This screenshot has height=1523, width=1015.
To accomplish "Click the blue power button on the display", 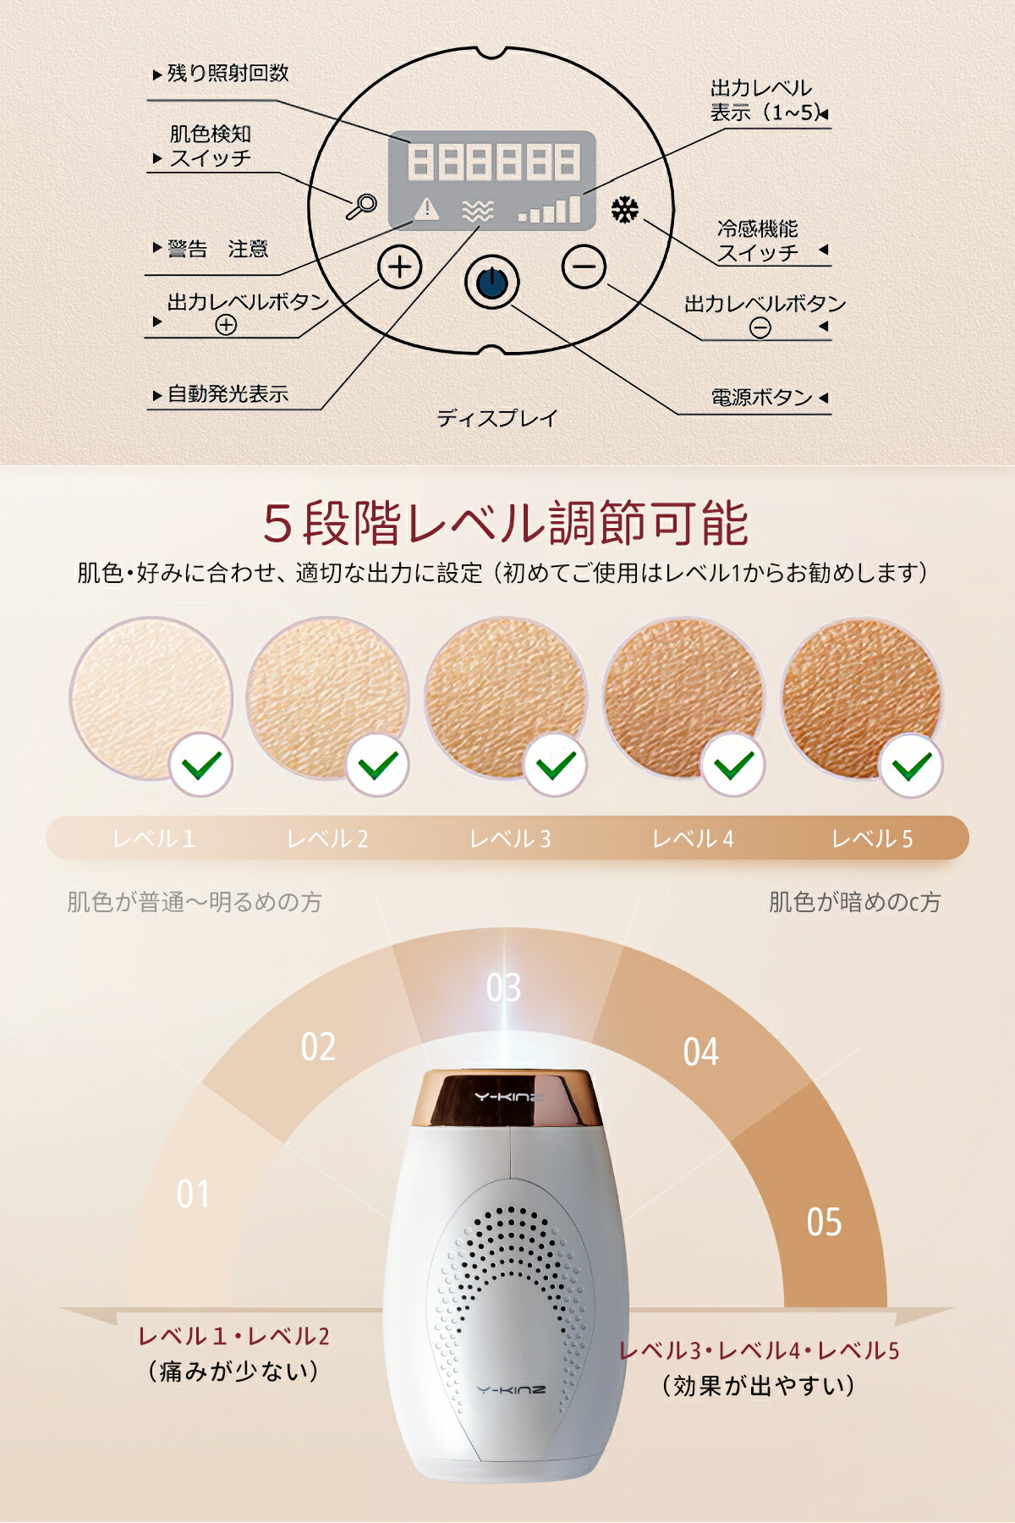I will tap(491, 283).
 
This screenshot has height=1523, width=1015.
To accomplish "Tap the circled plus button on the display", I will tap(399, 267).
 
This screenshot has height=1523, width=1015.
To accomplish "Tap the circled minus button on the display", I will tap(584, 267).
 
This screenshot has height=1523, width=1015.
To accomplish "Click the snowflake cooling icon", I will tap(625, 210).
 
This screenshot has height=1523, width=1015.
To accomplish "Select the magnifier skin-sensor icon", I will tap(362, 206).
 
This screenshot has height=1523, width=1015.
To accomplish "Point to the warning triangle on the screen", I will tap(426, 208).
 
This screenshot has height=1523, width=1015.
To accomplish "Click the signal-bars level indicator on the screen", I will tap(551, 209).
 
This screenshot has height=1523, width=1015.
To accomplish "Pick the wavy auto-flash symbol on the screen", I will tap(478, 211).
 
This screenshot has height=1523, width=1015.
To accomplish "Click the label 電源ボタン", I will tap(761, 398).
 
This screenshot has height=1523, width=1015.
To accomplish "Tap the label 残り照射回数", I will tap(228, 74).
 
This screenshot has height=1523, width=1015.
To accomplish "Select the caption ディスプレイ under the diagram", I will tap(497, 418).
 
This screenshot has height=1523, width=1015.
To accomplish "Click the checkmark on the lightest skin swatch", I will tap(201, 765).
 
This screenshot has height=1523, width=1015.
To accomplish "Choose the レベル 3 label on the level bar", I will tap(510, 838).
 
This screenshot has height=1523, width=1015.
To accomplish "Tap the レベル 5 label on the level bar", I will tap(872, 838).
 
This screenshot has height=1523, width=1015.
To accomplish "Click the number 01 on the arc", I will tap(193, 1194).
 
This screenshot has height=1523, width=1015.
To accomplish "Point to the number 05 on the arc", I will tap(824, 1222).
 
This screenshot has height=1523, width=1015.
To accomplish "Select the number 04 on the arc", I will tap(701, 1052).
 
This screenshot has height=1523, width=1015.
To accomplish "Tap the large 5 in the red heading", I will tap(277, 523).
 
